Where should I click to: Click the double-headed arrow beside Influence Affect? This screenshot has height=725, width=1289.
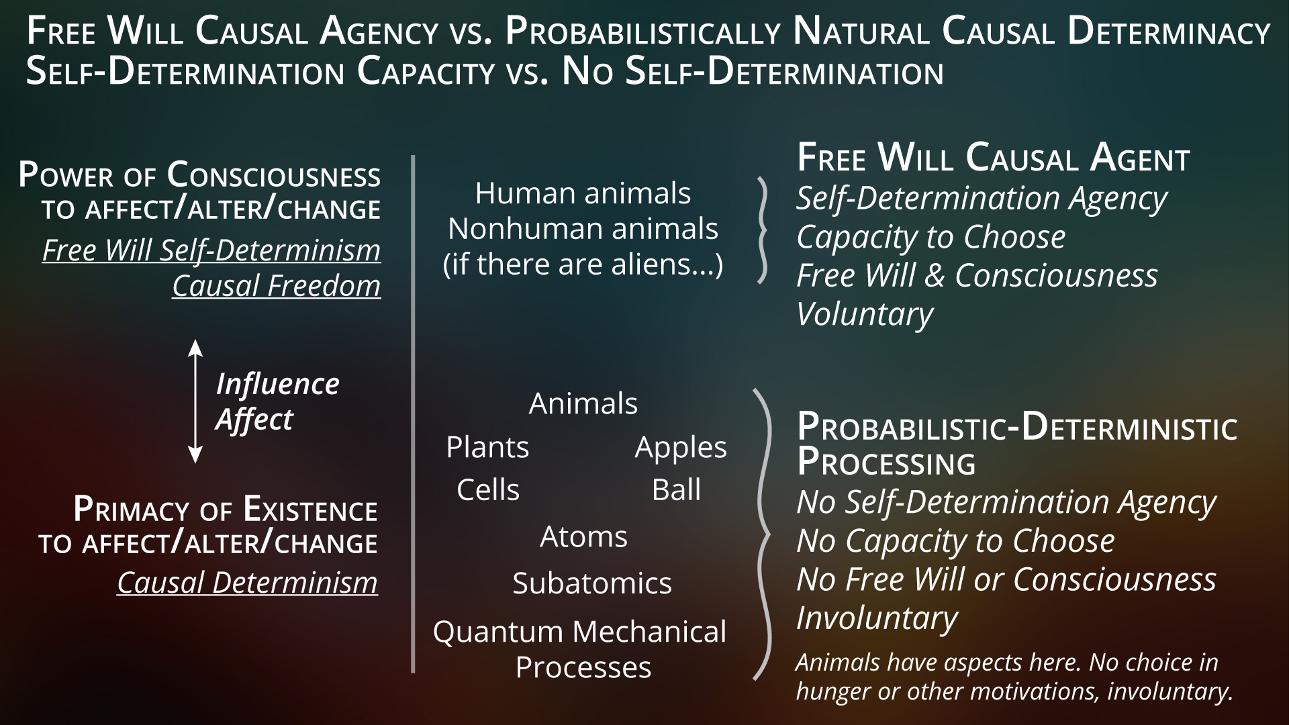[195, 401]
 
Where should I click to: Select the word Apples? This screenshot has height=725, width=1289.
[681, 448]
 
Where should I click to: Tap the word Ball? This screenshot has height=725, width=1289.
[676, 489]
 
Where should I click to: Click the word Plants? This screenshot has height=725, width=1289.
[487, 447]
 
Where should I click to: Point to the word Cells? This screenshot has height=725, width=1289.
[488, 489]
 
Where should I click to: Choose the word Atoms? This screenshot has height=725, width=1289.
[583, 536]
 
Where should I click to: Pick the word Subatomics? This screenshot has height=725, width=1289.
[592, 583]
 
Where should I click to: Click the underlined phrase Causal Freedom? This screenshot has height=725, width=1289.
[277, 286]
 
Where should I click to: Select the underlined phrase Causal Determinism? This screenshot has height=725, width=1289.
[247, 583]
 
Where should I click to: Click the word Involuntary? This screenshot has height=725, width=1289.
[877, 618]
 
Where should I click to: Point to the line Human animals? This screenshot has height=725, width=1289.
[583, 193]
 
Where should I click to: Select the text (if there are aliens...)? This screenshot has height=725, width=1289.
[583, 264]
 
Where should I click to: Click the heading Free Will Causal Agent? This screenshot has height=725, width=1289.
[993, 158]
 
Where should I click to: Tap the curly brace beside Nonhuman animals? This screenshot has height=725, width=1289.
[762, 230]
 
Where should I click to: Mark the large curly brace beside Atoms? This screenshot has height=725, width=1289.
[763, 534]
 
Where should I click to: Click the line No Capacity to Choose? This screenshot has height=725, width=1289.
[955, 541]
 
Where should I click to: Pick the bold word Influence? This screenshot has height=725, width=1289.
[277, 385]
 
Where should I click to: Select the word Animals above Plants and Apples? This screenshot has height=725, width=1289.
[583, 403]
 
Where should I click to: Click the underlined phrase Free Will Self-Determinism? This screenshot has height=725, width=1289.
[211, 250]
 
